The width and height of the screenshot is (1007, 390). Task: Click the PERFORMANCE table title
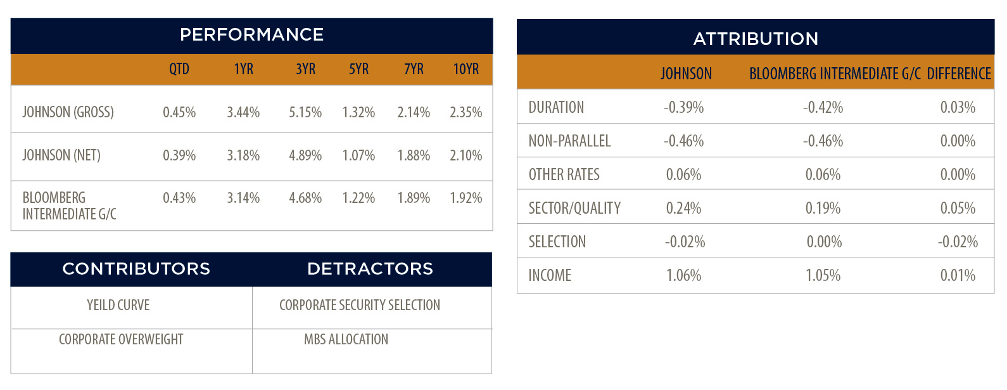click(252, 35)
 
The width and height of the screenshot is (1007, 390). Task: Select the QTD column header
click(179, 69)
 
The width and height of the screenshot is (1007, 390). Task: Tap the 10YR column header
click(465, 69)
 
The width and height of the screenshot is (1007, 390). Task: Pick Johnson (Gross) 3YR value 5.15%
click(305, 112)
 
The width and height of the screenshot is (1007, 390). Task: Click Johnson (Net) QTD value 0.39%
click(179, 155)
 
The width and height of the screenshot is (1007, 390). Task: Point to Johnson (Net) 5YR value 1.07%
click(358, 155)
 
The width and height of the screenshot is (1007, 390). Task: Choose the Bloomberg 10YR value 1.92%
click(465, 198)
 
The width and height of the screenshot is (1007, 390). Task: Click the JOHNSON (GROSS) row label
click(68, 112)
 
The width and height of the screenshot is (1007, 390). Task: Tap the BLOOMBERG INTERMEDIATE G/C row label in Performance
click(69, 206)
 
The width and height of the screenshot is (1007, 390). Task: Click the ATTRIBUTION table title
click(756, 39)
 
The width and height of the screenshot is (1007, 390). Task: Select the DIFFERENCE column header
click(959, 74)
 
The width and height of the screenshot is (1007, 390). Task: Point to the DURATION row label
click(556, 107)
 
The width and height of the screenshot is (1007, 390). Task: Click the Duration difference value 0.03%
click(958, 107)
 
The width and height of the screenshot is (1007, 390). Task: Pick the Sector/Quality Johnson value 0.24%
click(683, 208)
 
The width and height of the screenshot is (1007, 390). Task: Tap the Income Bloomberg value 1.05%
click(823, 275)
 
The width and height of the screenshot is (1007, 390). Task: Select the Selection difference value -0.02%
click(958, 242)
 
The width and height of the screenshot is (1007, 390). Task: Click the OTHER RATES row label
click(564, 174)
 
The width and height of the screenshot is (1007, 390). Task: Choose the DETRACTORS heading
click(370, 269)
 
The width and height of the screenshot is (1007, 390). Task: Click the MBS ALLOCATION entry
click(346, 339)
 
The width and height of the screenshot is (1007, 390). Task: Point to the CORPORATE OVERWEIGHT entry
click(121, 339)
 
